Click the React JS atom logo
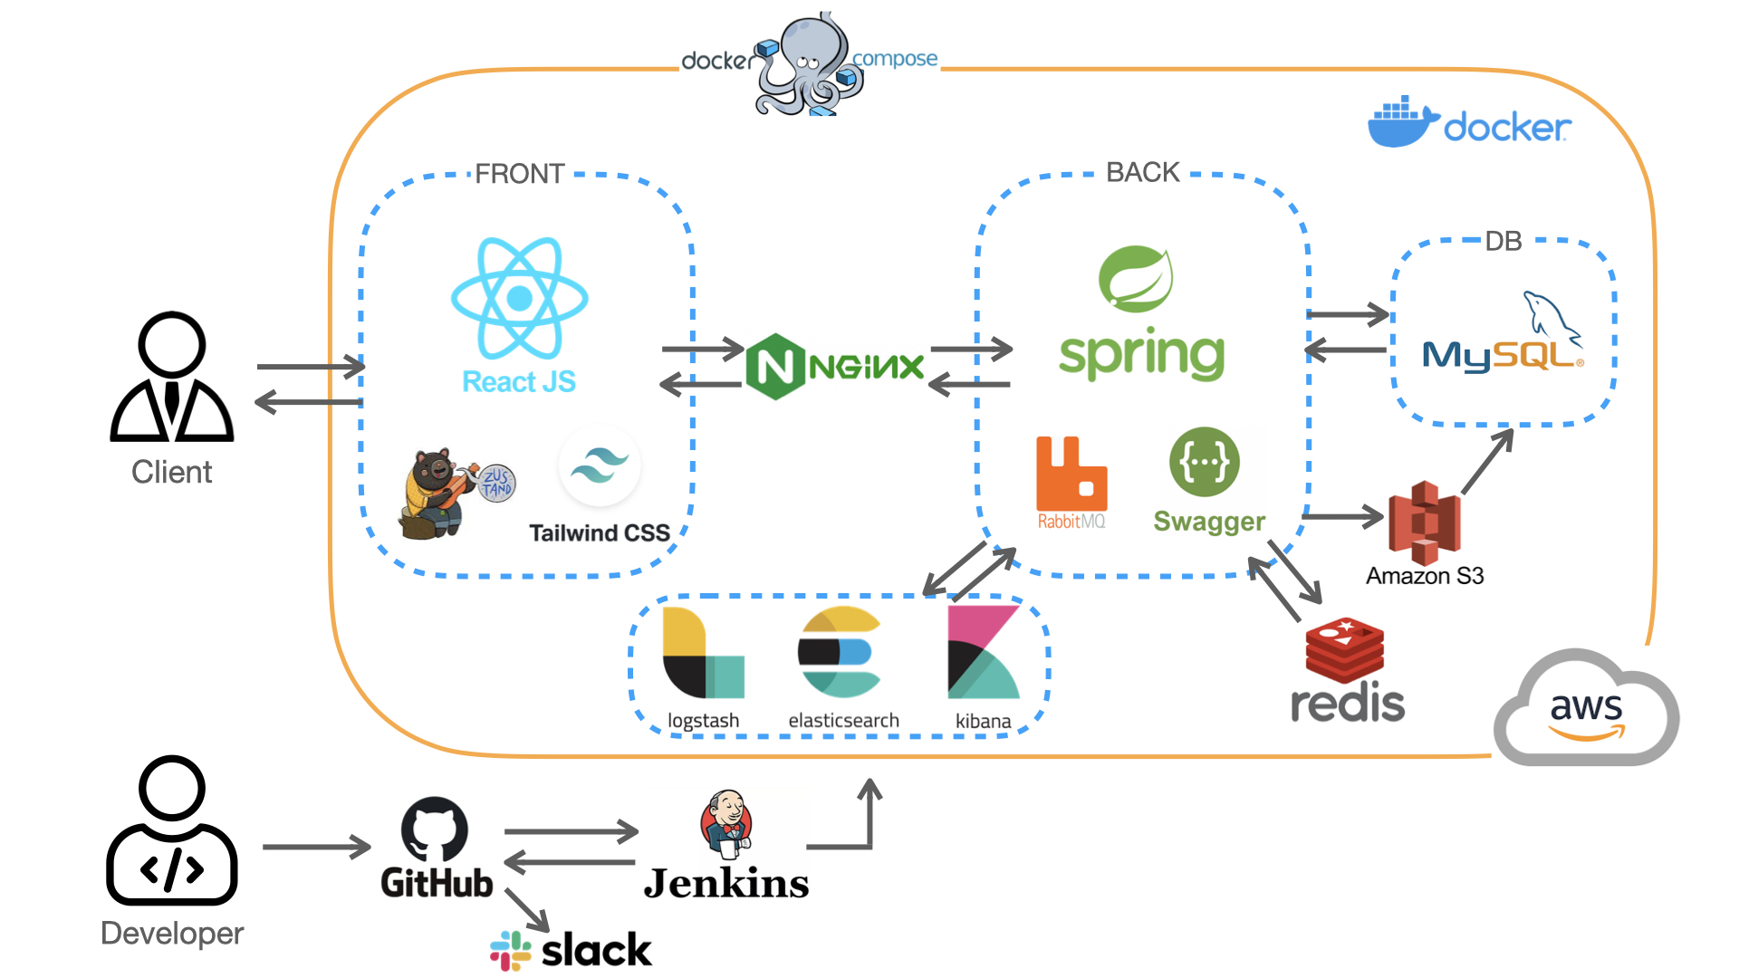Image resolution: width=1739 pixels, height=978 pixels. pyautogui.click(x=519, y=298)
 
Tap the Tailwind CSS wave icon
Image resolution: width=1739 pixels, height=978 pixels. pyautogui.click(x=600, y=466)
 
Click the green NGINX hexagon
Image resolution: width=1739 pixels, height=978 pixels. pyautogui.click(x=775, y=367)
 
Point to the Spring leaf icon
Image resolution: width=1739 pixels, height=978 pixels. pyautogui.click(x=1136, y=279)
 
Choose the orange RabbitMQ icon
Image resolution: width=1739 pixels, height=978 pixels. pyautogui.click(x=1071, y=474)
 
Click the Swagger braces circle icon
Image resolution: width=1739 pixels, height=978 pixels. pyautogui.click(x=1204, y=462)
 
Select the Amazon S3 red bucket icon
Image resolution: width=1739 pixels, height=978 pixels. pyautogui.click(x=1424, y=523)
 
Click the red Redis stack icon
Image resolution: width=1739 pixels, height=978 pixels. pyautogui.click(x=1344, y=650)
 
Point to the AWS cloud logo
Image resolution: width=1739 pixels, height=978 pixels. pyautogui.click(x=1586, y=708)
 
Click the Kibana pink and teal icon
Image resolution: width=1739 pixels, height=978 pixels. pyautogui.click(x=983, y=652)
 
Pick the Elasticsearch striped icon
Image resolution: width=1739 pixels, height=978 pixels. pyautogui.click(x=839, y=652)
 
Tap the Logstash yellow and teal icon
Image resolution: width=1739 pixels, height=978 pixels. pyautogui.click(x=703, y=652)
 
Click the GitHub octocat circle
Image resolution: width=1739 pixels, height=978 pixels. pyautogui.click(x=435, y=829)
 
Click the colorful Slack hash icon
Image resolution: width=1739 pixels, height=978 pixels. pyautogui.click(x=511, y=951)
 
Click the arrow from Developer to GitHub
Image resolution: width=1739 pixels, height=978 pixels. pyautogui.click(x=316, y=847)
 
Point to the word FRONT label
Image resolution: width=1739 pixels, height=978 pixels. pyautogui.click(x=519, y=174)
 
